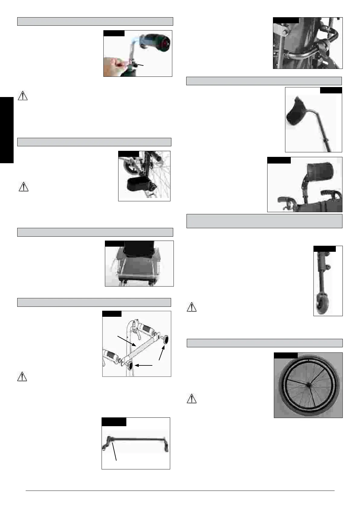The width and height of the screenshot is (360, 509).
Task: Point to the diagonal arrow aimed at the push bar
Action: click(x=126, y=341)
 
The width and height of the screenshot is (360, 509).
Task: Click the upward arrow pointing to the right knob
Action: click(x=162, y=353)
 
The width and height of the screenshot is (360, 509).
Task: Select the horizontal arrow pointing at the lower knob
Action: click(x=144, y=365)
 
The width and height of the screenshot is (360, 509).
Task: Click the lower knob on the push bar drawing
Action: click(x=131, y=366)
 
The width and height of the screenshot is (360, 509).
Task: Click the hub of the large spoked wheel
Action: click(x=308, y=384)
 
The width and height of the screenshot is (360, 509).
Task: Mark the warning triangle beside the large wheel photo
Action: click(x=191, y=399)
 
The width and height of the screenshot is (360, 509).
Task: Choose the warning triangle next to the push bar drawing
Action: click(x=22, y=377)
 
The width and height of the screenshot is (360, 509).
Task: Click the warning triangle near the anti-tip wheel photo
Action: click(x=192, y=307)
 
